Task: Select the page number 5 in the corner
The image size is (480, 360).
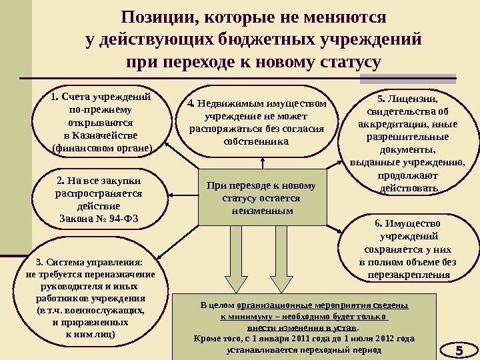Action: [x=459, y=351]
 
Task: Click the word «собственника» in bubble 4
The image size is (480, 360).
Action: [x=257, y=142]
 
